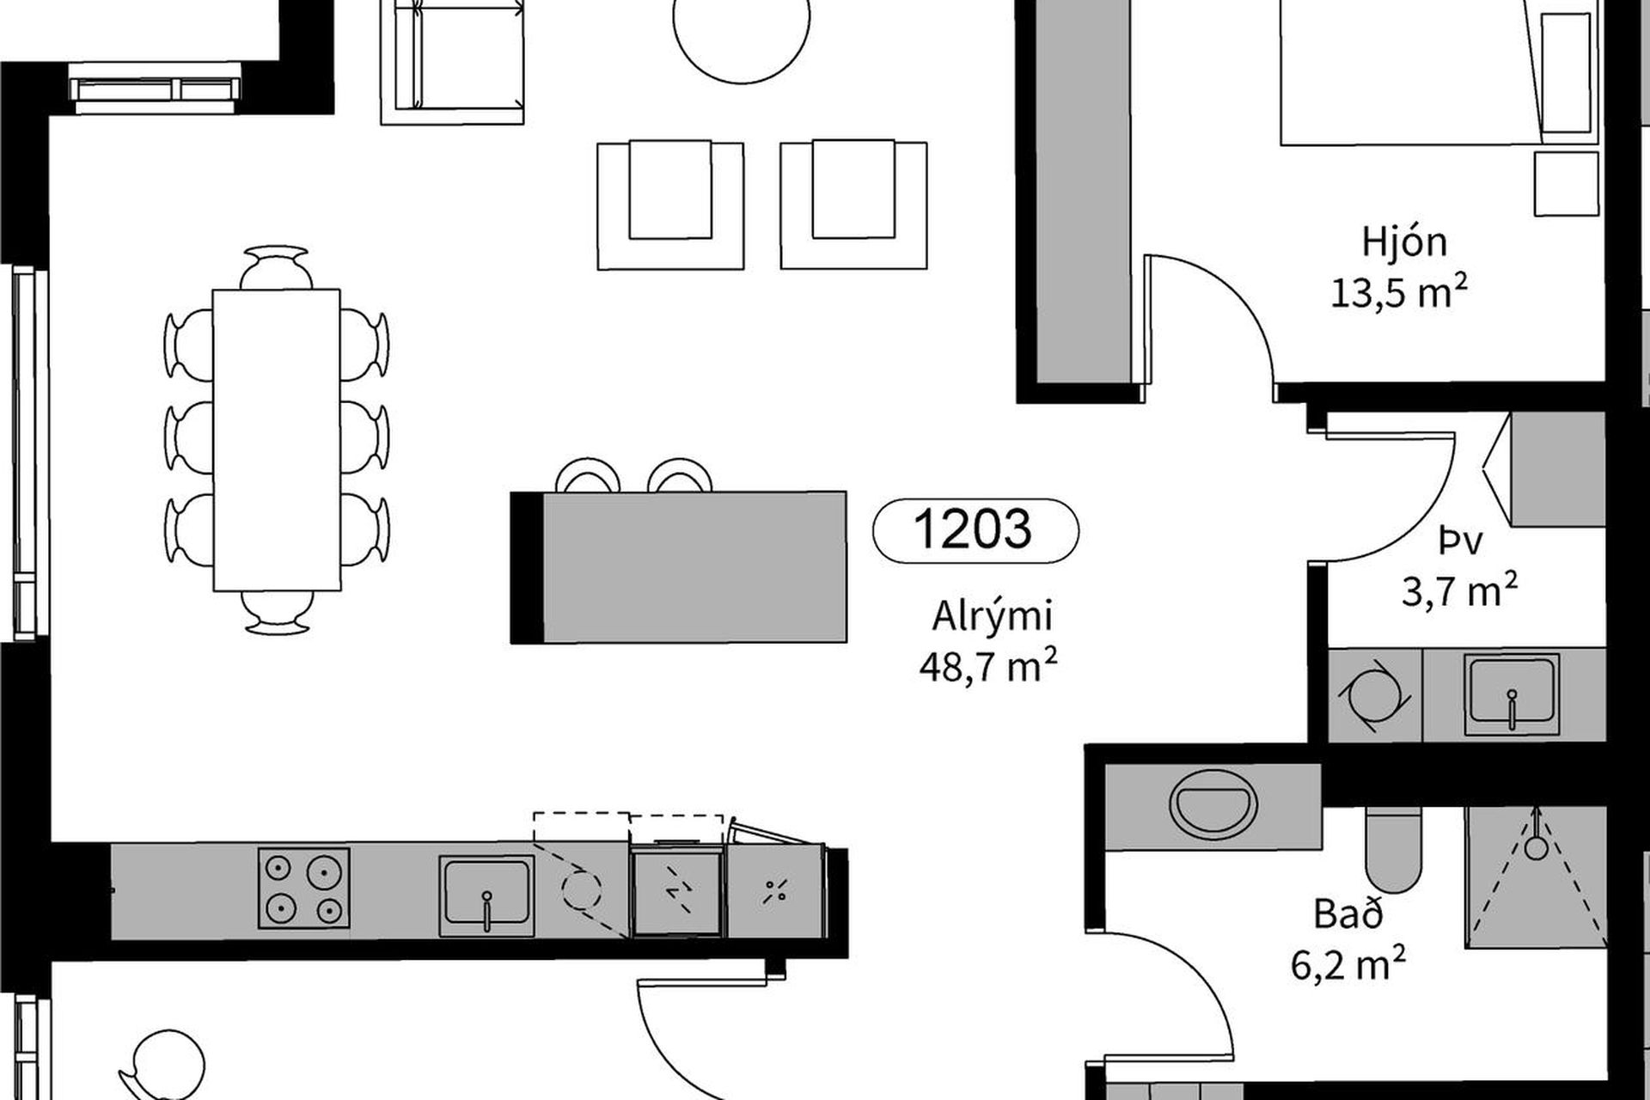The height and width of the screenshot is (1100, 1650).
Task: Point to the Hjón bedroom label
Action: pos(1404,244)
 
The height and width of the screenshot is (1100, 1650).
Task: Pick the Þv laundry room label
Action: pos(1459,541)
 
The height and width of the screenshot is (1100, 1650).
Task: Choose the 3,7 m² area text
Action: pos(1459,590)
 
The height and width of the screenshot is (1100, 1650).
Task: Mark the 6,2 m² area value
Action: pos(1348,963)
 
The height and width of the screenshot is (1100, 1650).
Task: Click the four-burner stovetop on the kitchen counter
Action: pos(304,889)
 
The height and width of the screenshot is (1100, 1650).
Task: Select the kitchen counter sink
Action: pos(486,895)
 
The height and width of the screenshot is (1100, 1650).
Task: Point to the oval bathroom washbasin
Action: pos(1213,805)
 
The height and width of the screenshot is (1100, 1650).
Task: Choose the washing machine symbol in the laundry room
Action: pos(1375,697)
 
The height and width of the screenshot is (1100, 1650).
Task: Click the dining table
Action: pos(277,440)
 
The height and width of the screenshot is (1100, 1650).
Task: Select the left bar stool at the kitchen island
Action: pos(589,475)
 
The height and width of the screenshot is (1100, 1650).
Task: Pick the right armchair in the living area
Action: pos(853,206)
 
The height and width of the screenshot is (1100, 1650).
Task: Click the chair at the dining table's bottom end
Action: pos(277,612)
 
